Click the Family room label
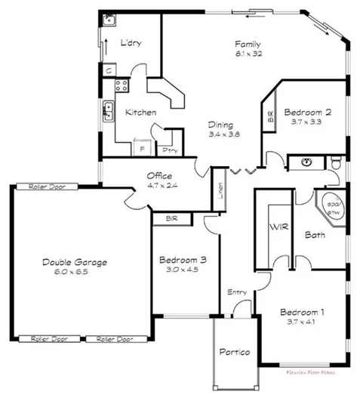tap(248, 44)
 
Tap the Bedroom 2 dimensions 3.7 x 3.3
tap(307, 121)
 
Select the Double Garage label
tap(74, 262)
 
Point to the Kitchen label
tap(140, 113)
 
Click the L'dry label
tap(131, 43)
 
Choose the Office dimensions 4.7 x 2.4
tap(160, 187)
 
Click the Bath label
tap(314, 235)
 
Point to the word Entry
tap(236, 292)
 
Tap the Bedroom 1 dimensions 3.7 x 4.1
tap(302, 323)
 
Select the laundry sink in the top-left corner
tap(109, 20)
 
